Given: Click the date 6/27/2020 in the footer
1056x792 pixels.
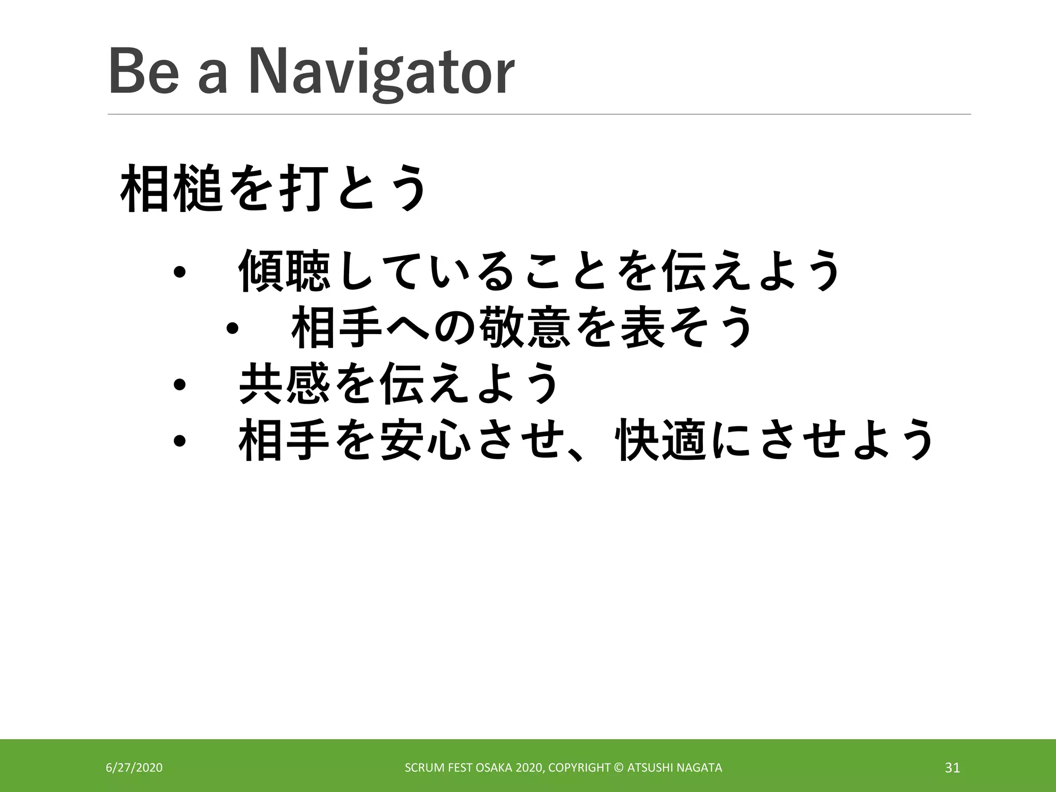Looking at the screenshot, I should tap(134, 768).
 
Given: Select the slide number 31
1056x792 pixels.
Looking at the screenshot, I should tap(952, 768).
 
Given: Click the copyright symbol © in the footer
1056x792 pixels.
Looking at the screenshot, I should tap(619, 768).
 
